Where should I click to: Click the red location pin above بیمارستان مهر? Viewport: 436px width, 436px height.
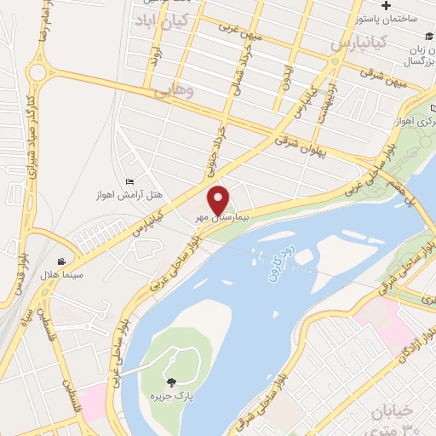[219, 199]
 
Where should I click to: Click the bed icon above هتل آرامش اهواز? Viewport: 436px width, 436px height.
[129, 181]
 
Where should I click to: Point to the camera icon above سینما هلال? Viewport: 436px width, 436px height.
[61, 261]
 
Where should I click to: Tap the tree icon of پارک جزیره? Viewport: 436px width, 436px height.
[173, 383]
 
